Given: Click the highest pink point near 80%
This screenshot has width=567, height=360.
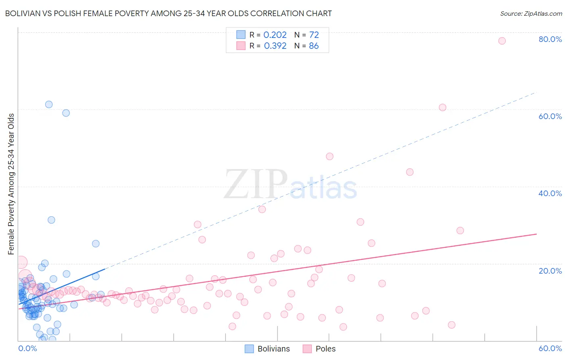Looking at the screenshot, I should (x=502, y=41).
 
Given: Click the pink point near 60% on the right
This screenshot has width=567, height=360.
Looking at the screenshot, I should (x=442, y=107).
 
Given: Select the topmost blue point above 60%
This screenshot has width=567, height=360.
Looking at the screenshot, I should (x=49, y=105).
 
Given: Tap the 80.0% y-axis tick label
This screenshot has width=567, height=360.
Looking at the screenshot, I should (x=550, y=39).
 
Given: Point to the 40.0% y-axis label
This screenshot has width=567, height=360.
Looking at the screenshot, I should (x=550, y=193).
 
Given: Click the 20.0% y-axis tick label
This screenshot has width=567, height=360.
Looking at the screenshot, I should (x=550, y=271).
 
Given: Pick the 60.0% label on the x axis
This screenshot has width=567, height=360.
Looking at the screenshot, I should (x=550, y=348).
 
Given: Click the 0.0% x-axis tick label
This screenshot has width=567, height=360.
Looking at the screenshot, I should (x=27, y=348).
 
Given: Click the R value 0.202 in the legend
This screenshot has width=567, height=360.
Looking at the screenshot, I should (x=275, y=35).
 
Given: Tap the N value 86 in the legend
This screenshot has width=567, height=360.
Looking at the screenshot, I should (x=314, y=46).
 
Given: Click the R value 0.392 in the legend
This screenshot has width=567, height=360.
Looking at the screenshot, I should (x=275, y=46).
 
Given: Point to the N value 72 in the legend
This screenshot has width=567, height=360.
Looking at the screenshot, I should (x=314, y=35).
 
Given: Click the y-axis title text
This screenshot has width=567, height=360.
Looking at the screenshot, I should (x=11, y=184).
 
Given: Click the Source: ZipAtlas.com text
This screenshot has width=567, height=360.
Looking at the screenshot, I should (x=531, y=14).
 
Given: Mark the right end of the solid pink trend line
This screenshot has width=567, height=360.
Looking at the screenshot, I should (x=536, y=234).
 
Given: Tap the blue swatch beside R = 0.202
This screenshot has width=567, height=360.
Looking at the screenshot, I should (x=241, y=35).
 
